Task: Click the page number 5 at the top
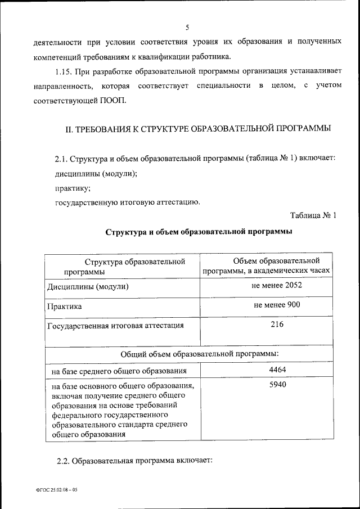[187, 27]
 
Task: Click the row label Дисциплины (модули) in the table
[88, 287]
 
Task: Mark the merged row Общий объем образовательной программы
[200, 354]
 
